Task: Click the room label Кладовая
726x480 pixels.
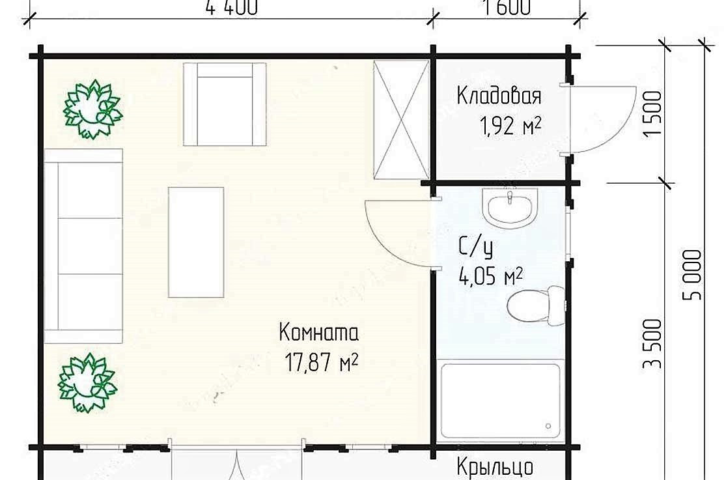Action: click(x=498, y=96)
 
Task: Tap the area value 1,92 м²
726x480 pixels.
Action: click(x=511, y=126)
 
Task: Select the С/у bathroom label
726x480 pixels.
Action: click(x=475, y=248)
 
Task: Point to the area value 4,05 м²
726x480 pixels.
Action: click(x=491, y=277)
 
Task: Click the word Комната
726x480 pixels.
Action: click(x=318, y=333)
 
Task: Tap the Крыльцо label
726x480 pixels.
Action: click(x=495, y=467)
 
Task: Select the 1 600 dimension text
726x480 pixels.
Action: click(x=507, y=7)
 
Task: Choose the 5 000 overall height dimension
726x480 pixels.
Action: click(x=693, y=274)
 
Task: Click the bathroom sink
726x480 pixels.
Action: click(x=511, y=208)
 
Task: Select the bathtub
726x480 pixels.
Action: click(x=500, y=401)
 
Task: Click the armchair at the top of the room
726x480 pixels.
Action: click(x=225, y=104)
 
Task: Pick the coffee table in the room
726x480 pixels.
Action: click(x=196, y=242)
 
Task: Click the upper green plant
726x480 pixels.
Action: click(x=92, y=109)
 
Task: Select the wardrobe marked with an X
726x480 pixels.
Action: click(x=401, y=120)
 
